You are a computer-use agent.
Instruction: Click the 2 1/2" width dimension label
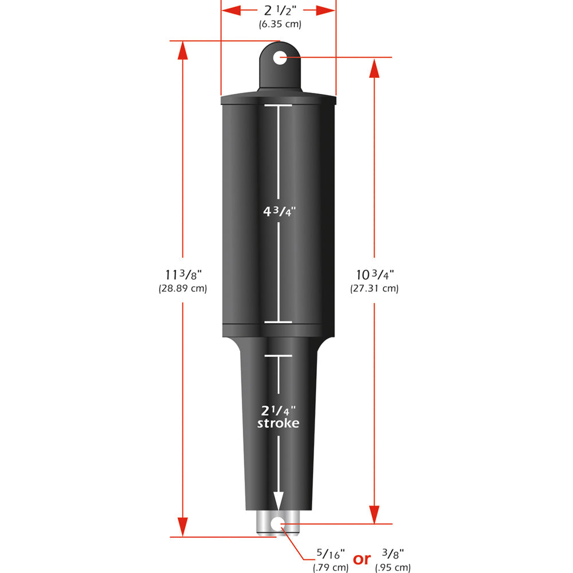point(278,10)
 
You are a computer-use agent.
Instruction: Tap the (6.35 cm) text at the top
point(278,24)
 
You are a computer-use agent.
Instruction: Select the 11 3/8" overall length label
point(182,275)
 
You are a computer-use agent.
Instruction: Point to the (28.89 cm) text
point(182,289)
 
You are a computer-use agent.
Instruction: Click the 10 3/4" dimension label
point(374,275)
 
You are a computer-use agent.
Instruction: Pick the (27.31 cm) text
point(374,289)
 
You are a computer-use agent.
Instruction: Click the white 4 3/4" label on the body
point(278,210)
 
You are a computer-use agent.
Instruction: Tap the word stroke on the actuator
point(278,423)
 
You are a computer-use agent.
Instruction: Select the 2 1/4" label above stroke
point(278,410)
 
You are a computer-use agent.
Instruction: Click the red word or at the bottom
point(362,559)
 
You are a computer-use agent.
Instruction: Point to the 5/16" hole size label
point(331,555)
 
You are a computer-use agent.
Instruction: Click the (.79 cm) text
point(331,568)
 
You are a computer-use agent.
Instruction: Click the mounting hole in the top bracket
point(280,57)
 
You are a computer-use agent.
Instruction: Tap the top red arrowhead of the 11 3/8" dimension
point(182,50)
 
